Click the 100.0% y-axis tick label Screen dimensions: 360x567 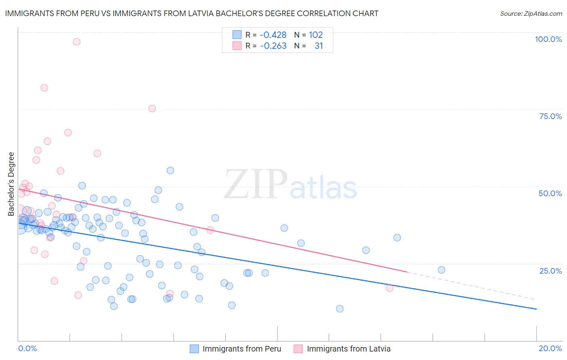548,39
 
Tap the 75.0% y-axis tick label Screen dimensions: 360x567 550,116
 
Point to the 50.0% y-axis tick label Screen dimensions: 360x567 550,193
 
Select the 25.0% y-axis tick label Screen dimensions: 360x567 550,271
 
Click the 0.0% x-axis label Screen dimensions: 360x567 27,348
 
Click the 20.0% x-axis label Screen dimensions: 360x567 550,348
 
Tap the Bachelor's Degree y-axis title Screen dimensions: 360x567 11,184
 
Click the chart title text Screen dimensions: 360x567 192,13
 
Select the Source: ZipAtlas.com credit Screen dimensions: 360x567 531,13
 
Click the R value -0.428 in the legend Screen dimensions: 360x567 273,35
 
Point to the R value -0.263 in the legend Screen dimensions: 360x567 273,46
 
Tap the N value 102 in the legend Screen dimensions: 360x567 316,35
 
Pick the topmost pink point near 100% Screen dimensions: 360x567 77,42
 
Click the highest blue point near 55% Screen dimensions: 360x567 170,170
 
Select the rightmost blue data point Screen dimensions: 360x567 442,270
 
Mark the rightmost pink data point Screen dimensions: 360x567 390,288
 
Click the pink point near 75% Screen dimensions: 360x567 152,108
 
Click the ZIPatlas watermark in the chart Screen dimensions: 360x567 290,185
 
